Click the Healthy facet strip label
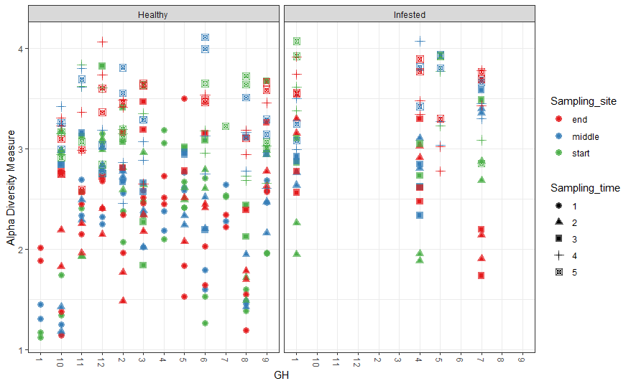point(153,14)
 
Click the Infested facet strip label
point(409,14)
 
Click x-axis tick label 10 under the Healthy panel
point(61,362)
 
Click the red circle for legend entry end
point(558,119)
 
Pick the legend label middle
point(584,136)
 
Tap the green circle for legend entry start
point(558,154)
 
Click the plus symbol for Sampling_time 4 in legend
point(558,255)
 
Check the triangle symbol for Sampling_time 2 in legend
point(558,221)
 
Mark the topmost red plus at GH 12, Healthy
point(102,42)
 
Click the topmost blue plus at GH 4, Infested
point(420,42)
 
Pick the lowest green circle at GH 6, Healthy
point(205,324)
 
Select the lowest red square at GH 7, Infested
point(481,276)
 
